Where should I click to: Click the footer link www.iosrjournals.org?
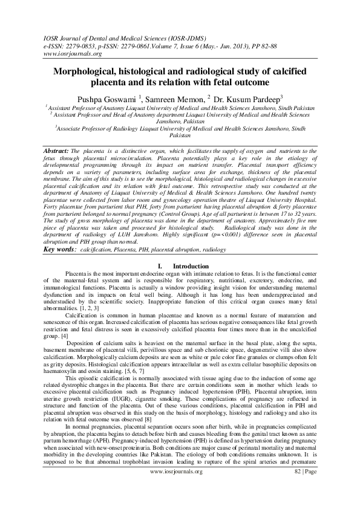pos(179,487)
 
